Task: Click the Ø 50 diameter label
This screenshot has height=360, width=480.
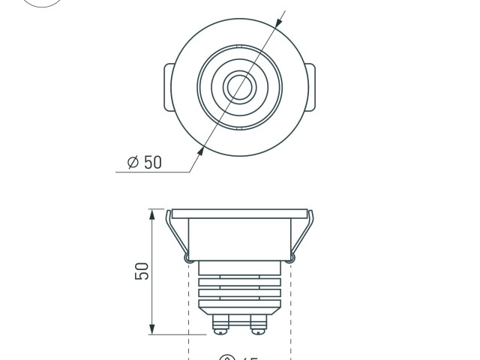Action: point(145,162)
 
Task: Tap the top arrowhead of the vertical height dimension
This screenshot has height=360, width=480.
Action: point(152,214)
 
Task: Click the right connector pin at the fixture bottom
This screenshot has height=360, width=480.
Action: point(258,325)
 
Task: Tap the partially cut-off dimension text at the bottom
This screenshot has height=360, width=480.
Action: point(239,357)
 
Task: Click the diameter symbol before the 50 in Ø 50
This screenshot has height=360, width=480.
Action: point(133,162)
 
